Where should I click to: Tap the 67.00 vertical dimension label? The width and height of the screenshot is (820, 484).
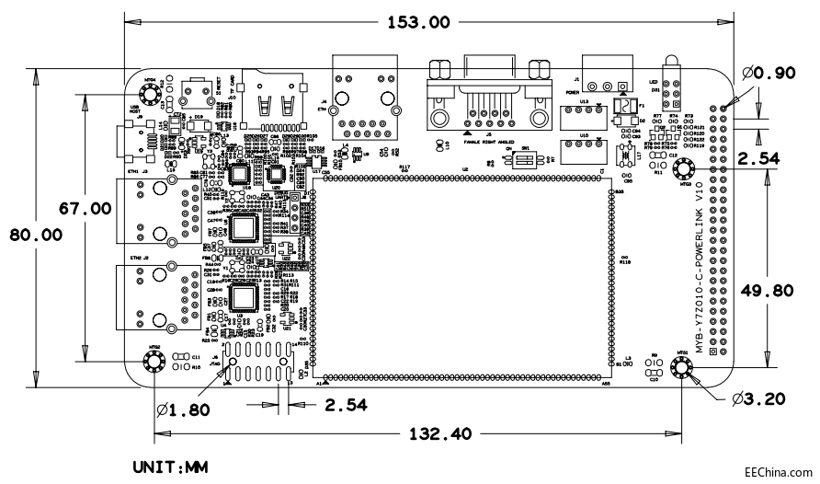click(85, 207)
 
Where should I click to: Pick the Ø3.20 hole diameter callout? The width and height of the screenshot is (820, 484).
click(759, 398)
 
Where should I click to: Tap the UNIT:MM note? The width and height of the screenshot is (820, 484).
click(170, 468)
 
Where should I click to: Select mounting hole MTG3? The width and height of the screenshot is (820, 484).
click(687, 169)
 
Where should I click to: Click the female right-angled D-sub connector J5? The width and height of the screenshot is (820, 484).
click(488, 92)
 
